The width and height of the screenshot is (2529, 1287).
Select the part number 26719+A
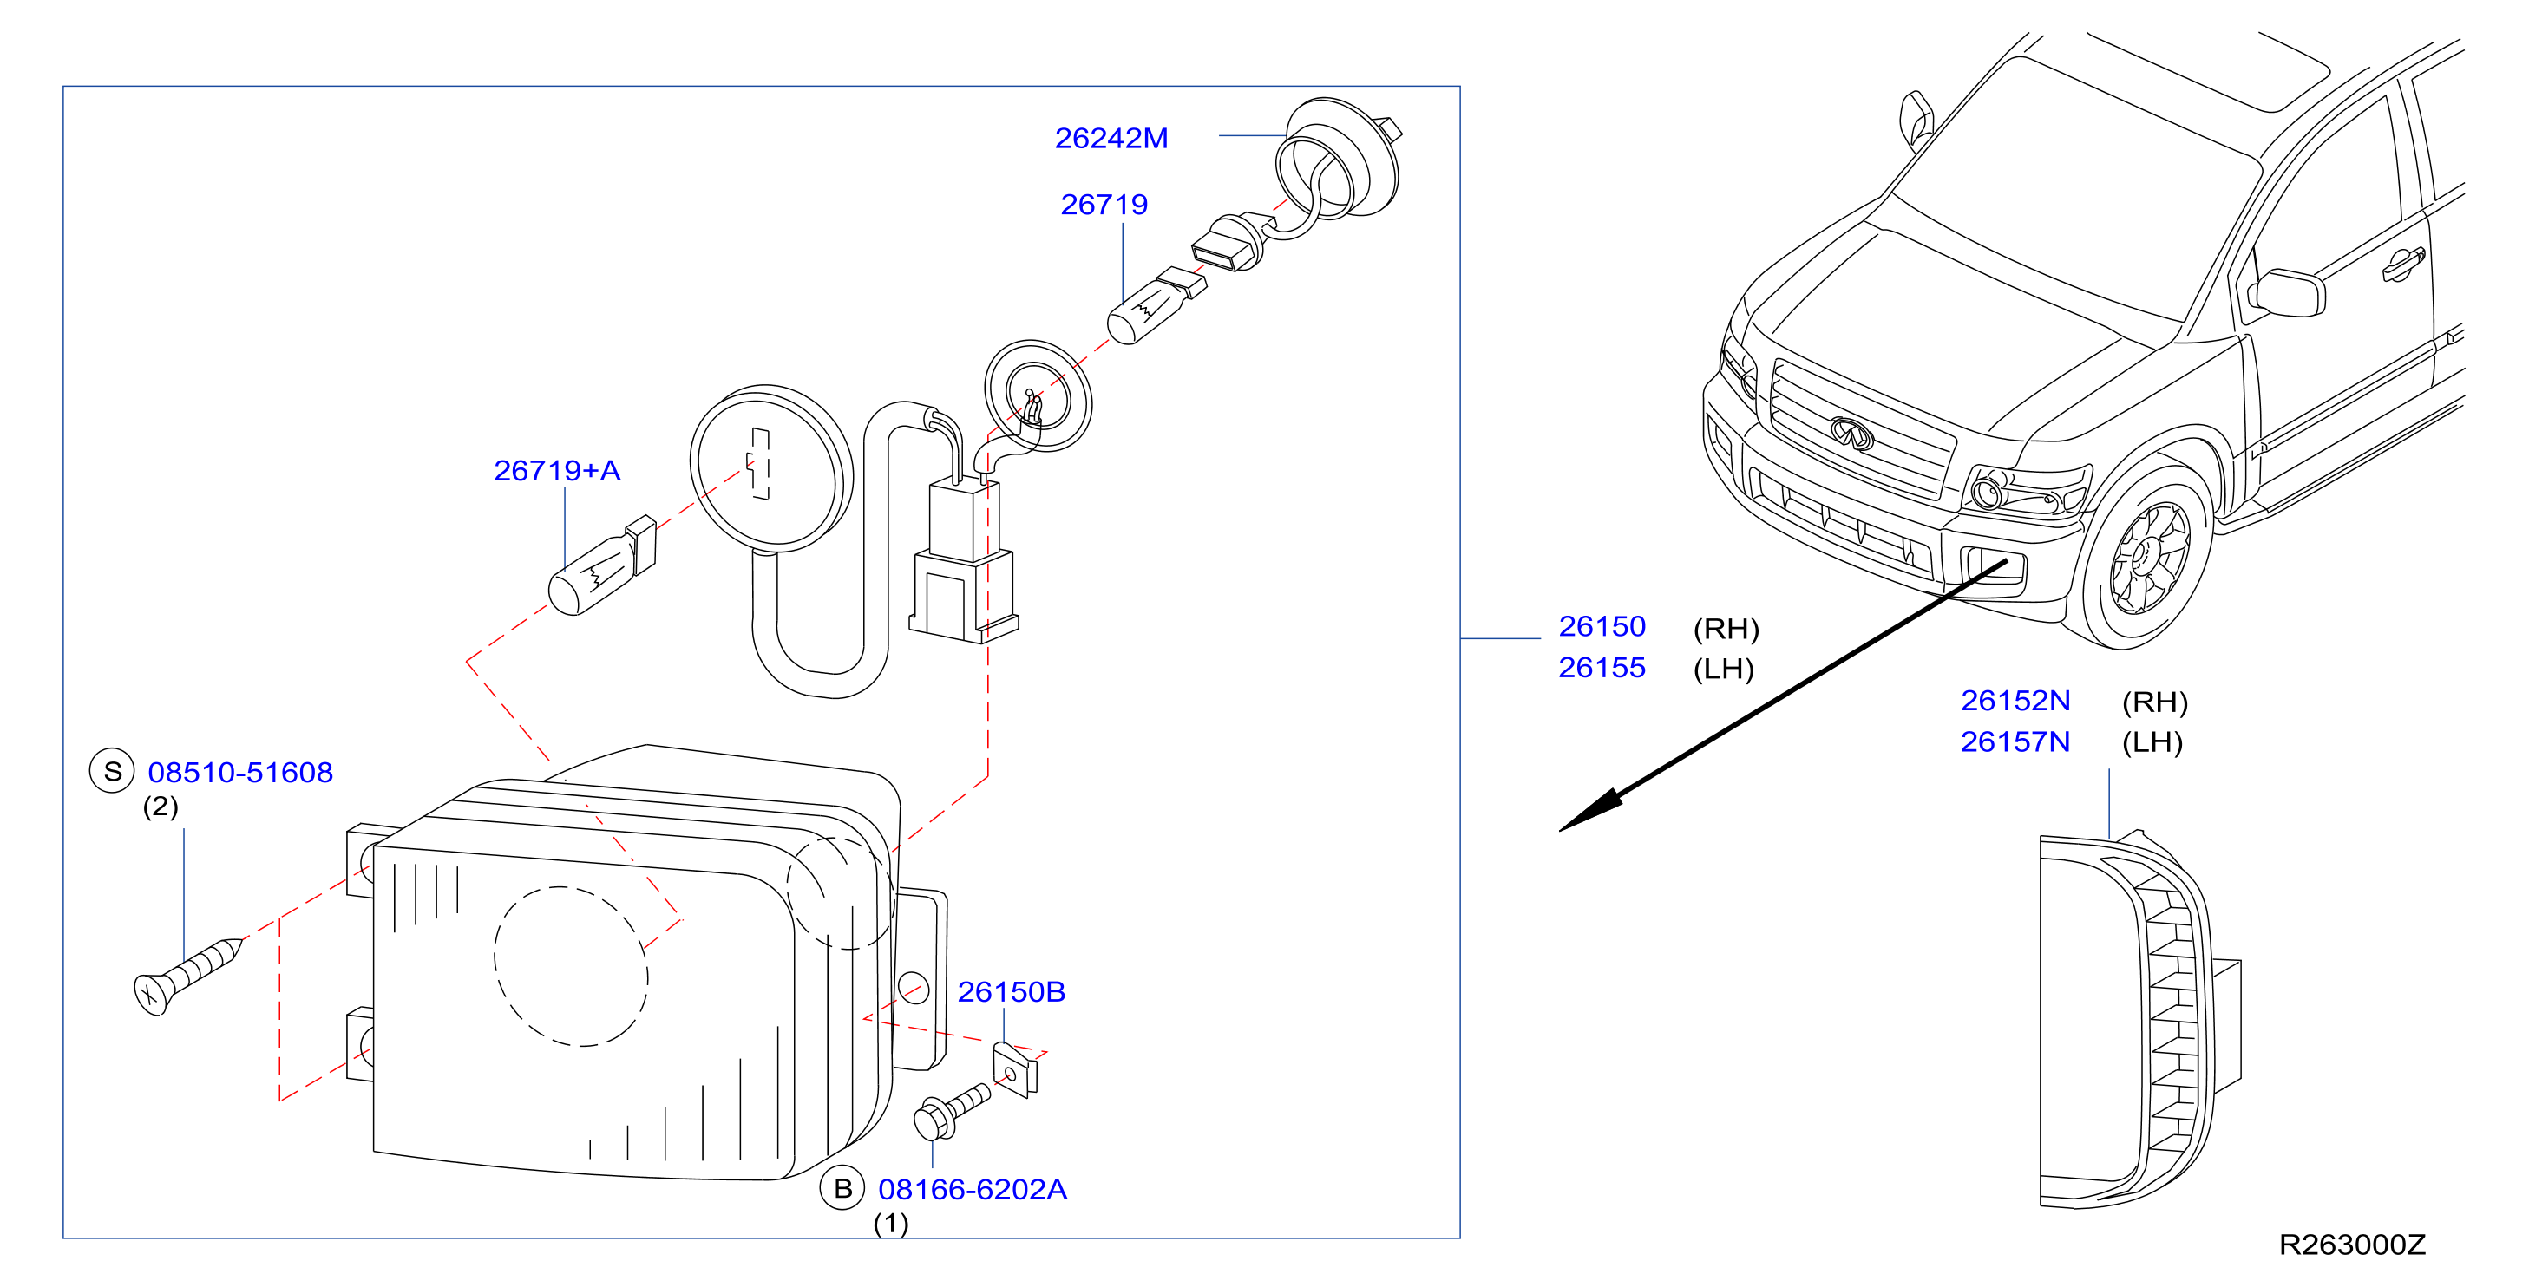(557, 471)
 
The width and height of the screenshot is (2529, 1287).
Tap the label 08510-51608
(240, 773)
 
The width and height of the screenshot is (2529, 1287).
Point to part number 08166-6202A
(972, 1190)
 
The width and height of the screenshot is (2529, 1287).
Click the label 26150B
(1012, 992)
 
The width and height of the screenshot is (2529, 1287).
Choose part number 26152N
(2015, 701)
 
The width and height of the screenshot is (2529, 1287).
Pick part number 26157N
(2015, 742)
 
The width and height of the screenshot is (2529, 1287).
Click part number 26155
(1602, 668)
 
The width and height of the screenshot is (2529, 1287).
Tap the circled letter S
(112, 772)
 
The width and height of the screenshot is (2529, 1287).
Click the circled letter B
(842, 1189)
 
